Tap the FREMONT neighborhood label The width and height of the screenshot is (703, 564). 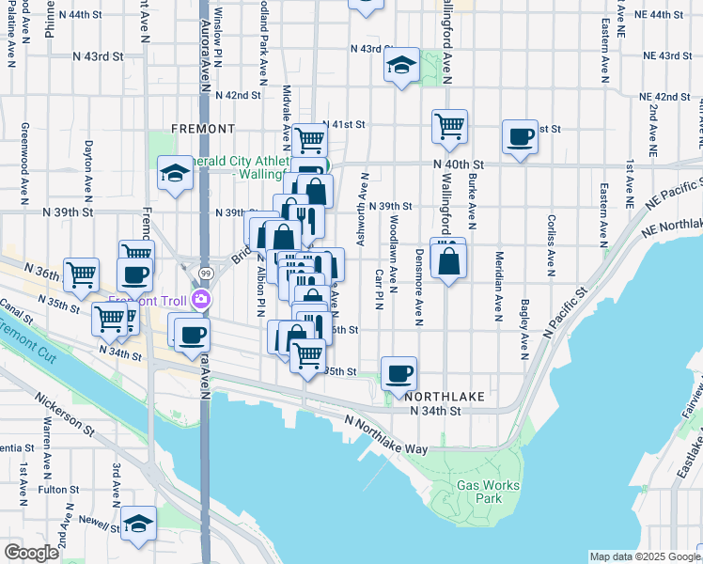click(x=203, y=128)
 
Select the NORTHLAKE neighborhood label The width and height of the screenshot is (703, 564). click(x=446, y=397)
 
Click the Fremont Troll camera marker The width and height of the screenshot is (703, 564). click(x=200, y=300)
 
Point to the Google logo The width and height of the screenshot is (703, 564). click(x=31, y=553)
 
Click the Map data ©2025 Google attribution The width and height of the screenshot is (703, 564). click(x=645, y=556)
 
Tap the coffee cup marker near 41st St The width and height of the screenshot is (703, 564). click(x=519, y=137)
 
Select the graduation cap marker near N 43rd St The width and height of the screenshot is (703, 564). click(x=401, y=66)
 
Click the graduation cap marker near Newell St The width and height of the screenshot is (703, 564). click(x=138, y=525)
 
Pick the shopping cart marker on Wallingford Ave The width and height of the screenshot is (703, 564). click(x=450, y=125)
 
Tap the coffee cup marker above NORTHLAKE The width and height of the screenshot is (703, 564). click(x=398, y=374)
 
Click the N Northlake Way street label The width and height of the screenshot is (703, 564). click(x=385, y=434)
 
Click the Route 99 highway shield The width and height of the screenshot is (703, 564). click(x=205, y=273)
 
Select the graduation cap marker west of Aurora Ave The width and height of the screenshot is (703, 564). click(x=174, y=173)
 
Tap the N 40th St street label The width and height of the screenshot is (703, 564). click(x=458, y=164)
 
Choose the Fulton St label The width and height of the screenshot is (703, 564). click(x=58, y=490)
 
